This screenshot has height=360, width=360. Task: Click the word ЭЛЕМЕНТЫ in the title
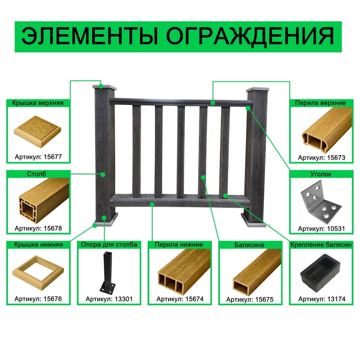[90, 36]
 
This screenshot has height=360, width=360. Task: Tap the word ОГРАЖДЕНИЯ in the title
[250, 37]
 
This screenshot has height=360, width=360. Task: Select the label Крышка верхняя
[38, 103]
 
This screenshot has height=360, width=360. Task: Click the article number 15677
[53, 157]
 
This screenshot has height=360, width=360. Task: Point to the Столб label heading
[36, 174]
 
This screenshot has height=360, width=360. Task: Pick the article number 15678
[53, 228]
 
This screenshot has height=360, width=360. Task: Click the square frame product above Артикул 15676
[38, 273]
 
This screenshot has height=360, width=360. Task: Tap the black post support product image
[107, 273]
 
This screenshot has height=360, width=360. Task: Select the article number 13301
[123, 299]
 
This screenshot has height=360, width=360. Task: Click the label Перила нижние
[179, 244]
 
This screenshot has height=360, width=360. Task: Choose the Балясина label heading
[249, 245]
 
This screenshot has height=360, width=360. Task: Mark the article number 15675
[264, 299]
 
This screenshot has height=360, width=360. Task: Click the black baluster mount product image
[320, 272]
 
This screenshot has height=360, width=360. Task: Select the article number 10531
[336, 229]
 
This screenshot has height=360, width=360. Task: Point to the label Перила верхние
[320, 103]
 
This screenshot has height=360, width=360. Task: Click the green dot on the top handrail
[213, 103]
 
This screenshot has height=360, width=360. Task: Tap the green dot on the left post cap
[101, 86]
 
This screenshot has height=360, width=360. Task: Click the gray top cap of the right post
[257, 89]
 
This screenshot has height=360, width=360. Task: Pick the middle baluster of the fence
[181, 152]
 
